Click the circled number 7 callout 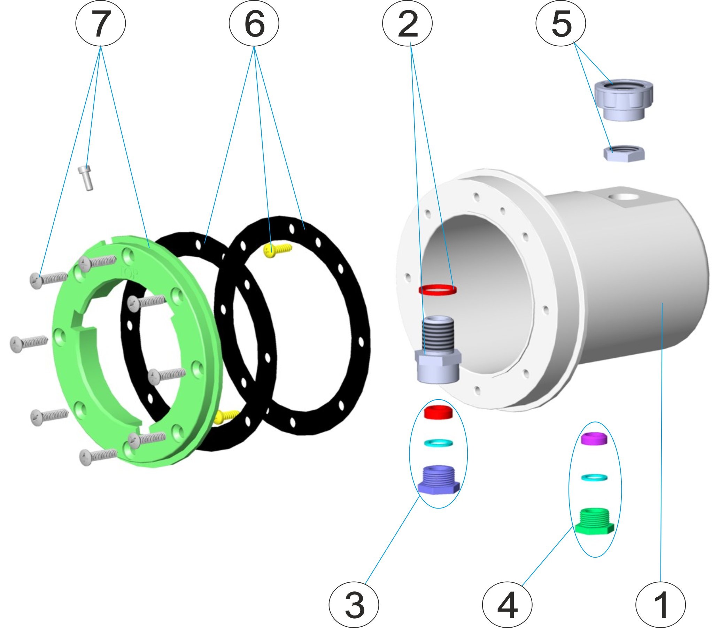coord(100,23)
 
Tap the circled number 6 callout coord(254,23)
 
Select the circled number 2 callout coord(407,23)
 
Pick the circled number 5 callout coord(560,23)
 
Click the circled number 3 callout coord(354,604)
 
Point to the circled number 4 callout coord(507,604)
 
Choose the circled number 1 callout coord(660,604)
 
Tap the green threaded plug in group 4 coord(594,521)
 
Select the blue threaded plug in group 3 coord(438,480)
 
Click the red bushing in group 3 coord(438,412)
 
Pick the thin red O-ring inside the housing coord(438,289)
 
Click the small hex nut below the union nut coord(624,153)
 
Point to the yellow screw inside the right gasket coord(277,250)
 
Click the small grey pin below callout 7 coord(86,178)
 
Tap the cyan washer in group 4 coord(594,477)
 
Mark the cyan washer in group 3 coord(438,443)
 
